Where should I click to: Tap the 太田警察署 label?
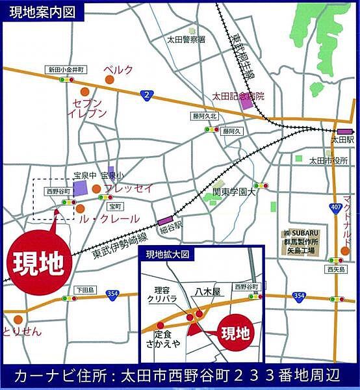[x=186, y=40]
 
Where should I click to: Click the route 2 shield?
[x=148, y=96]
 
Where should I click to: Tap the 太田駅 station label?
[x=341, y=140]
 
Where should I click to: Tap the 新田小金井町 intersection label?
[x=65, y=69]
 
